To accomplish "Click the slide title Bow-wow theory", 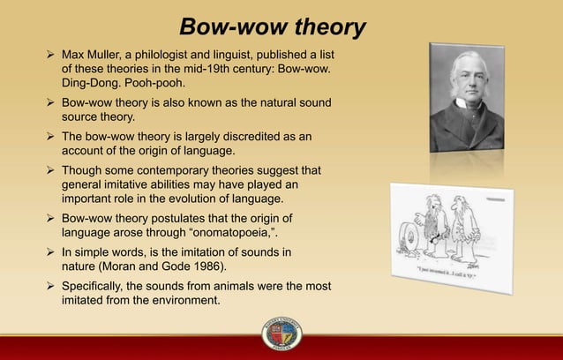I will pyautogui.click(x=272, y=27).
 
